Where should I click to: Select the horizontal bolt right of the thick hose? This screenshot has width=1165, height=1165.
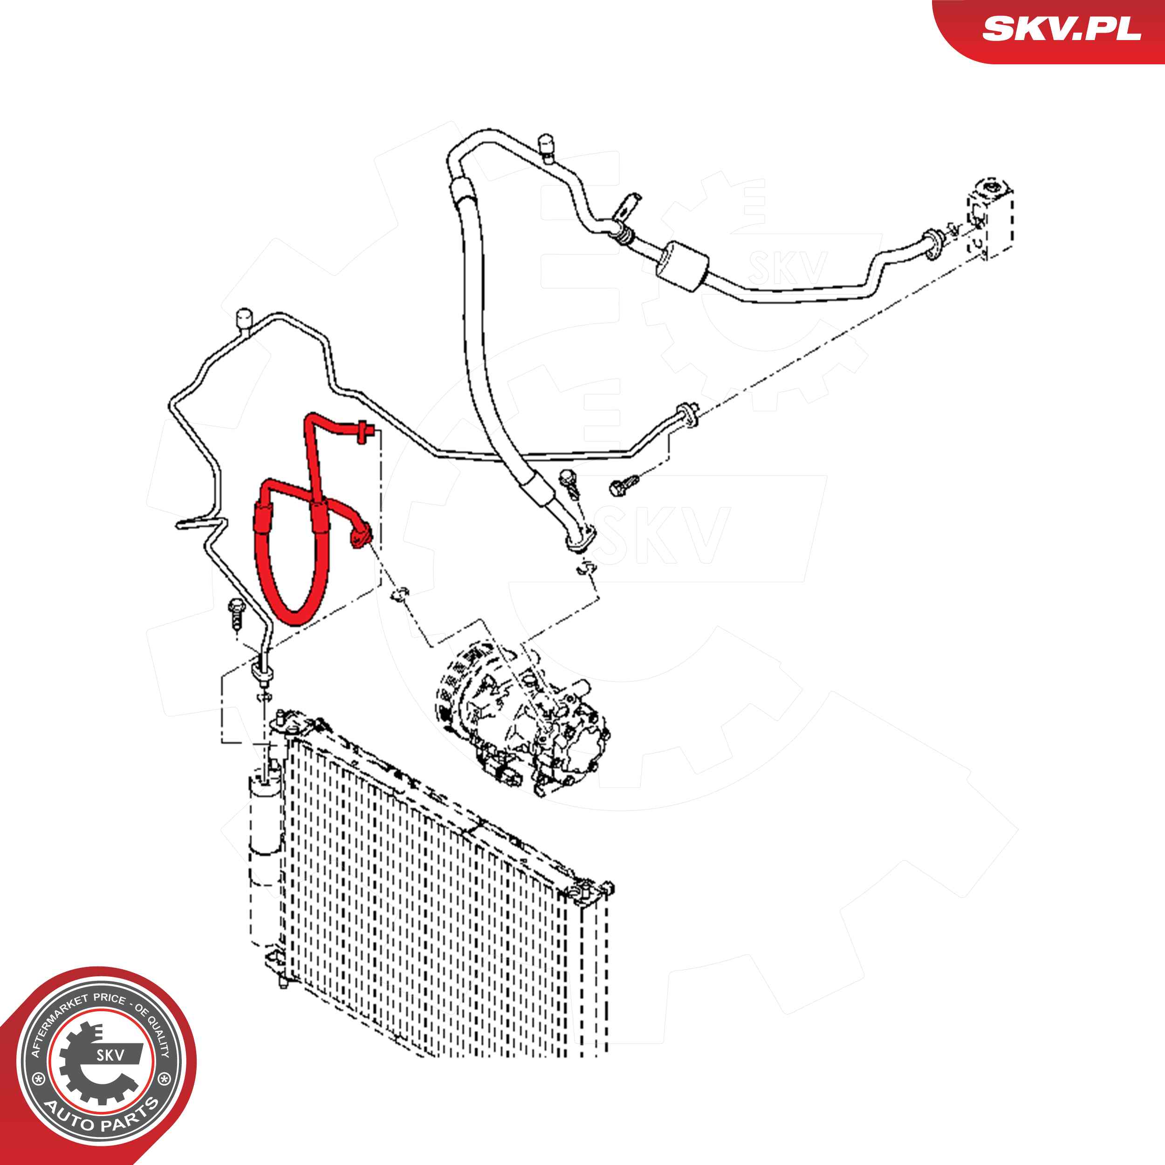[624, 484]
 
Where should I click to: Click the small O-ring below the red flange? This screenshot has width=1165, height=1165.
[400, 594]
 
